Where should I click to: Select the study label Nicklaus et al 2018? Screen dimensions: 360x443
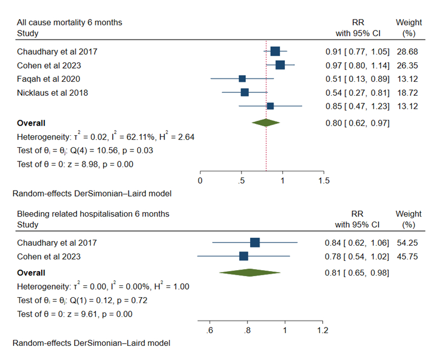coord(52,93)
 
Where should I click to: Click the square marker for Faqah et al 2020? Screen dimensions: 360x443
coord(242,79)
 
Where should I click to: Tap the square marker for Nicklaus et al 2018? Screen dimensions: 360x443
coord(245,93)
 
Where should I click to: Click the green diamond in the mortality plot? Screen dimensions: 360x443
coord(266,123)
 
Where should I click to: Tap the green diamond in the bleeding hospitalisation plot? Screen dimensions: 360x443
coord(250,273)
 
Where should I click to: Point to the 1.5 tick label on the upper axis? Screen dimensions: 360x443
coord(323,180)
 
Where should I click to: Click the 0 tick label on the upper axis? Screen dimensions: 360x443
coord(200,180)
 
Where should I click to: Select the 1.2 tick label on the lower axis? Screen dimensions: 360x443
coord(323,330)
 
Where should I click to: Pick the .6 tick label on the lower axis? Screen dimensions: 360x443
coord(209,330)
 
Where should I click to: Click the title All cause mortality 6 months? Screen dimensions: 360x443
coord(69,23)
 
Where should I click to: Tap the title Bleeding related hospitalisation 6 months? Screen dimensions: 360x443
coord(93,214)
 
